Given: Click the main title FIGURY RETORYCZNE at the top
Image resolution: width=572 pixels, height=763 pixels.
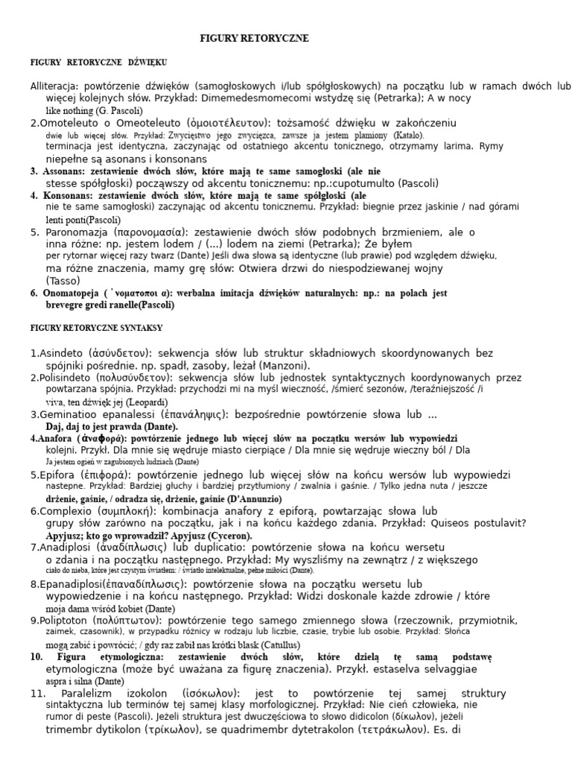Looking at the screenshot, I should pos(255,38).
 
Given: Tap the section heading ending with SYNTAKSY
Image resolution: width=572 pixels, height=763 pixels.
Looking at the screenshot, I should pos(97,327).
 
